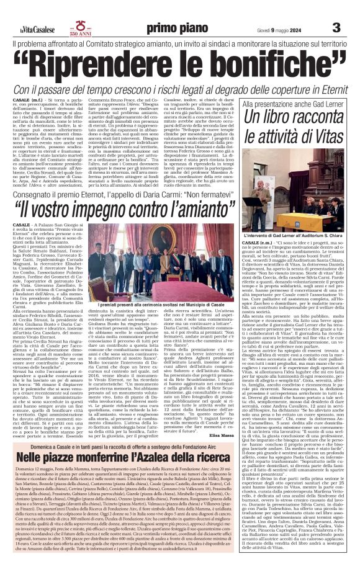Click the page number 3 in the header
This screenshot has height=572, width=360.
336,27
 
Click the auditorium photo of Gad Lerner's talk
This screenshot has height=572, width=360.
298,184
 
